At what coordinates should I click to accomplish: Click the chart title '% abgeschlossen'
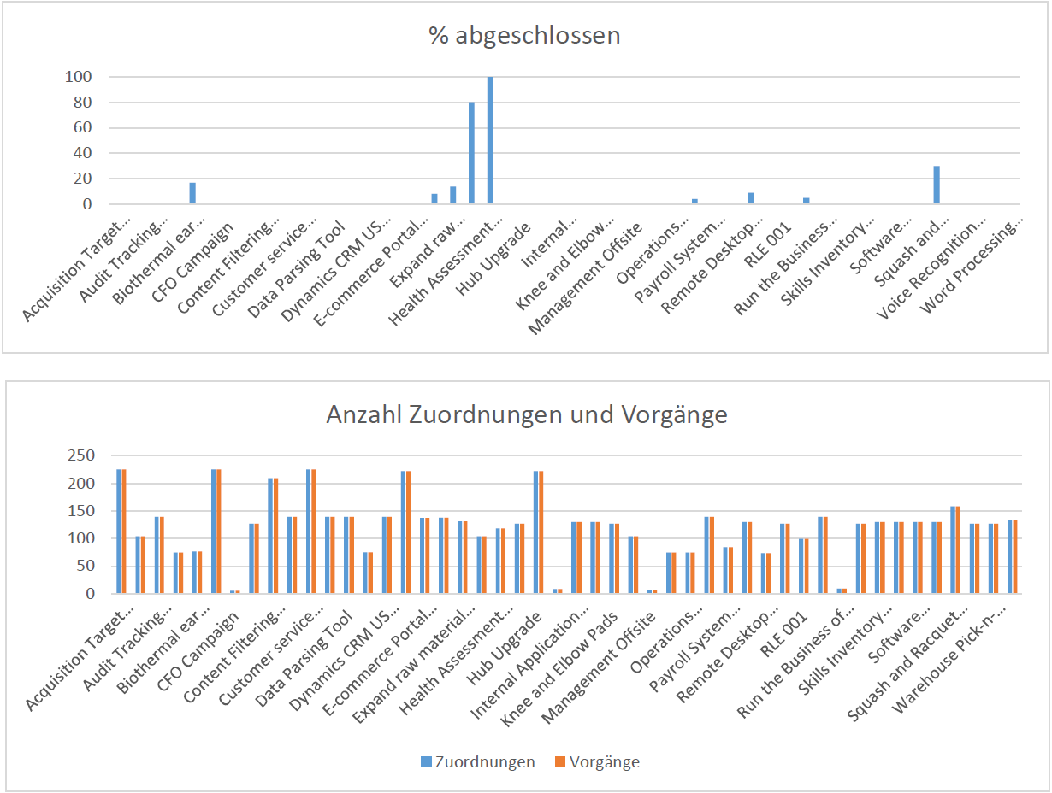[x=524, y=36]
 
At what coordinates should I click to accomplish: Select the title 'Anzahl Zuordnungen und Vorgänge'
[x=526, y=415]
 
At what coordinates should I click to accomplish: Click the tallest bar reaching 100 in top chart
[x=490, y=140]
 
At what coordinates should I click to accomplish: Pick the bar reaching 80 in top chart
[x=471, y=153]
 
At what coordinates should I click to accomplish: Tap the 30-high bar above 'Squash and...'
[x=937, y=185]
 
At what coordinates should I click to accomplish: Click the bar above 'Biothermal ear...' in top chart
[x=192, y=193]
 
